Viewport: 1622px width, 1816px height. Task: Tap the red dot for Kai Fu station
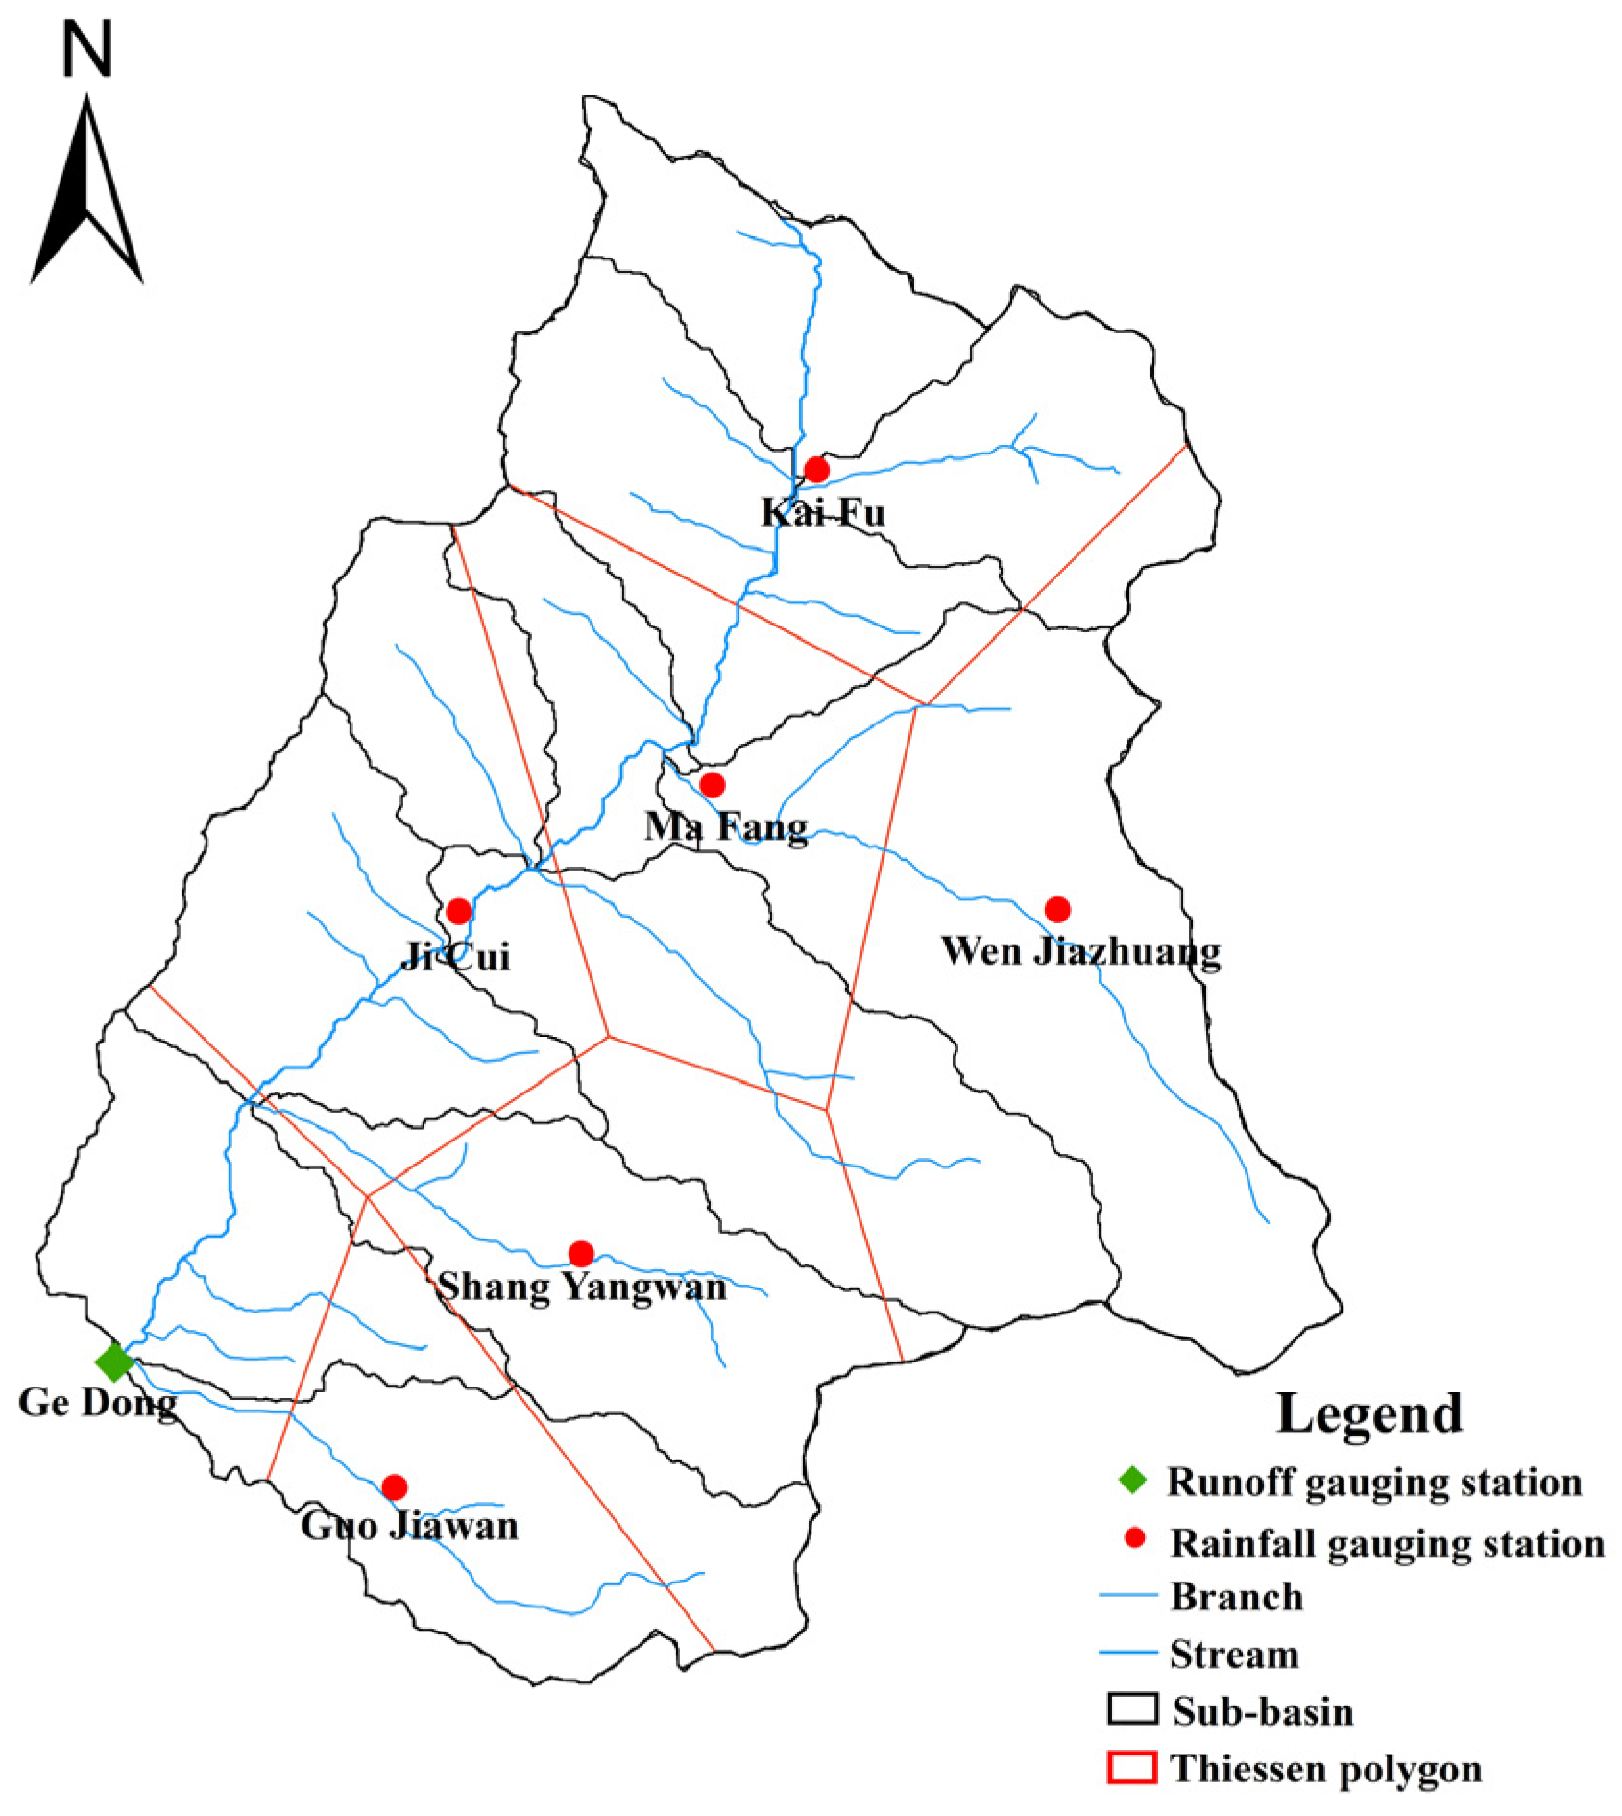click(x=816, y=470)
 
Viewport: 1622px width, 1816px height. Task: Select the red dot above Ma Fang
click(x=712, y=785)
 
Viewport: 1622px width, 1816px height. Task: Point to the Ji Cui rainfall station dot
click(x=459, y=911)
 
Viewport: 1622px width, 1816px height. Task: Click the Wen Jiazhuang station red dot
click(x=1057, y=909)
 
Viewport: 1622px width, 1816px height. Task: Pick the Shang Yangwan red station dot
click(x=581, y=1253)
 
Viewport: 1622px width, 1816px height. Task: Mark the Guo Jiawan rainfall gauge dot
click(x=394, y=1487)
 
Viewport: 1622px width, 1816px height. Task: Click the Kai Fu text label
click(x=823, y=512)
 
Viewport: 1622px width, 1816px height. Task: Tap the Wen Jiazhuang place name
click(x=1080, y=951)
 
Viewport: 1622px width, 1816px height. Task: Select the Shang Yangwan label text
click(x=582, y=1288)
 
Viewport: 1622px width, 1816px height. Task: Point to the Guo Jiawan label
click(x=409, y=1526)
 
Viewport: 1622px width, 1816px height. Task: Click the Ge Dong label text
click(x=97, y=1403)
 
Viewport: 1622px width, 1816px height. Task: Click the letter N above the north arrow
click(x=87, y=50)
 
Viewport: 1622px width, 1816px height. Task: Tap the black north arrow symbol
click(x=87, y=192)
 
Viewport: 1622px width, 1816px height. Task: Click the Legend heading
click(x=1368, y=1413)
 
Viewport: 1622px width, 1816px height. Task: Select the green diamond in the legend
click(x=1133, y=1481)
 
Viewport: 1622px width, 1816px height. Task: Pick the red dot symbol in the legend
click(x=1134, y=1538)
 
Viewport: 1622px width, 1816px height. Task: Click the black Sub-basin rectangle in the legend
click(x=1132, y=1709)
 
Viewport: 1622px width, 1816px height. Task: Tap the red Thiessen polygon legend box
click(x=1132, y=1767)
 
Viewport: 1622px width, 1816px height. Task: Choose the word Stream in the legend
click(x=1234, y=1654)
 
